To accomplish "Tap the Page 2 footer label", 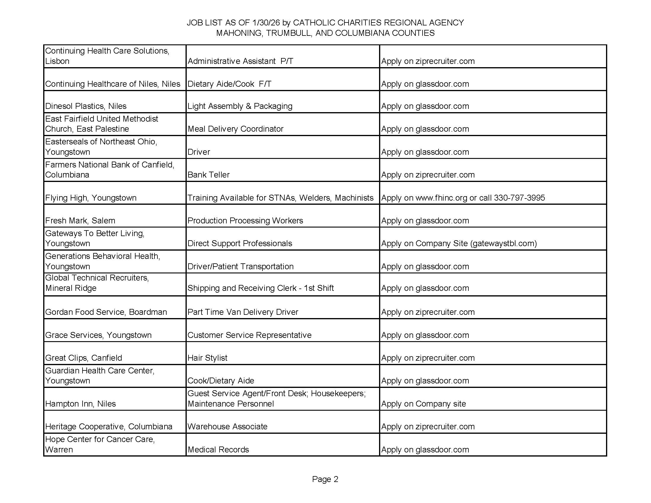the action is [x=325, y=479].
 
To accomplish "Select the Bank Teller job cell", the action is [x=208, y=175].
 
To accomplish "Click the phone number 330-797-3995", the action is [x=519, y=198].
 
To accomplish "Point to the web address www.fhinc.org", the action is [x=441, y=198].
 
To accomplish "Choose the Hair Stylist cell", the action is [x=207, y=358].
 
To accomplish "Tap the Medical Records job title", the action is [x=218, y=449].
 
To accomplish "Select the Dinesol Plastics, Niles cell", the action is [x=86, y=106].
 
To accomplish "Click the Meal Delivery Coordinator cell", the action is [x=236, y=129].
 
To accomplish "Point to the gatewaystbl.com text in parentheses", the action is [x=503, y=243].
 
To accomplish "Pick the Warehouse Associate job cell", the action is [x=228, y=426].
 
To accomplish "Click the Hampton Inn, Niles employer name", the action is [x=80, y=404].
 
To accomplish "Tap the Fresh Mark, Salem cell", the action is [x=80, y=220].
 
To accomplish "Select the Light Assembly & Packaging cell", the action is [x=240, y=106].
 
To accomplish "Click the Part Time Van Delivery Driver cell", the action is [x=243, y=312].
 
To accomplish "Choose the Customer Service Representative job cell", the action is [x=249, y=335].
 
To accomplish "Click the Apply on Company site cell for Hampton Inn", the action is [x=423, y=404].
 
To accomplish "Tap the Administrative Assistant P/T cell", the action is [x=241, y=61].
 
